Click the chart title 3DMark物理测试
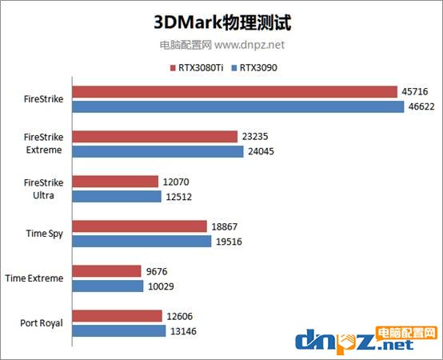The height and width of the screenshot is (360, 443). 221,20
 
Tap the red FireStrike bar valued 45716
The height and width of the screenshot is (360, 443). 236,92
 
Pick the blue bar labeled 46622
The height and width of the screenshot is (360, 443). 237,106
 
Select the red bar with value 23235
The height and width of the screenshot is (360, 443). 155,137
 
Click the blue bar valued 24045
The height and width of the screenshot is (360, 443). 158,151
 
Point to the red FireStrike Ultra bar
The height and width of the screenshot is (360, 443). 115,182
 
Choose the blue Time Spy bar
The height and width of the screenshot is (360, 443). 142,241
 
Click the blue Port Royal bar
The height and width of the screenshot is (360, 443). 119,330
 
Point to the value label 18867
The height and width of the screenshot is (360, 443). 225,226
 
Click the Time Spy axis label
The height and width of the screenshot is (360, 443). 45,234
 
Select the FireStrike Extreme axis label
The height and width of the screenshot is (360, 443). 44,144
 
